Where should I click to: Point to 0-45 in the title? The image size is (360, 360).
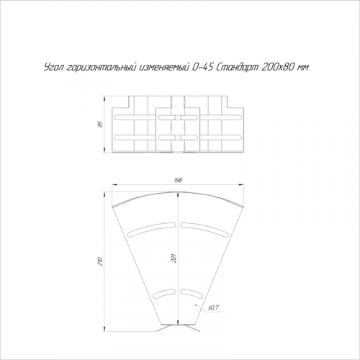202,68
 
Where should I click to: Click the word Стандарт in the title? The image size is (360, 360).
237,68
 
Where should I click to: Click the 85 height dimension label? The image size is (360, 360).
101,124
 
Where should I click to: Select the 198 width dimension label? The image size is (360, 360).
178,180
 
